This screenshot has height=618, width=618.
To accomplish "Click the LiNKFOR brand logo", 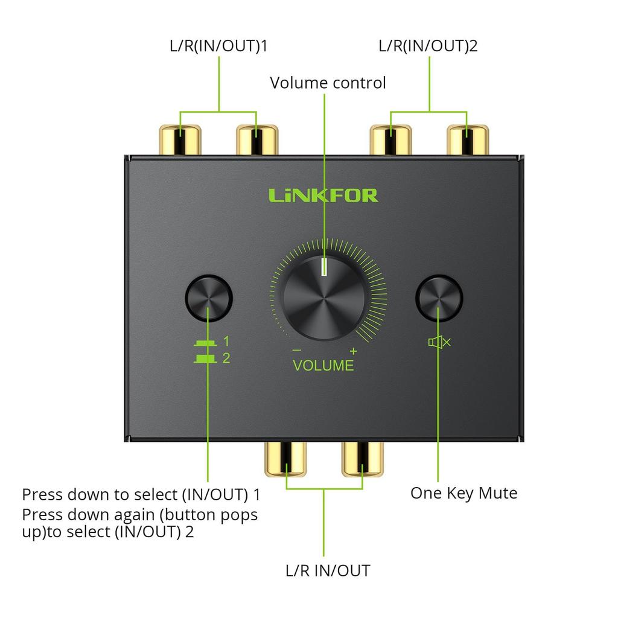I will (323, 195).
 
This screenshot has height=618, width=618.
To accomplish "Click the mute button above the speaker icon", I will (439, 298).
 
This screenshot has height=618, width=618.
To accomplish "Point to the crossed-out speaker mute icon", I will (439, 342).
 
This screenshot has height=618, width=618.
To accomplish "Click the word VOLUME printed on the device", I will (323, 365).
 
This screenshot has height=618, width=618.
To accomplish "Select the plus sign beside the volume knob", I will (353, 351).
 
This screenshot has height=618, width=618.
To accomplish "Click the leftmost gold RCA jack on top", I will (179, 140).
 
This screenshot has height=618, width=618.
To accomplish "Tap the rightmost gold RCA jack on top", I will (468, 140).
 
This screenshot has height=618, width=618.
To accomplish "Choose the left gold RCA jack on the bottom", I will (286, 459).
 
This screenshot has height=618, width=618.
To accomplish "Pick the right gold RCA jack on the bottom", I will (363, 459).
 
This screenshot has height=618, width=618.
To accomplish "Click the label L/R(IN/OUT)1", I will (218, 46).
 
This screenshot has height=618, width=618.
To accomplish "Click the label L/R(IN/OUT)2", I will (428, 46).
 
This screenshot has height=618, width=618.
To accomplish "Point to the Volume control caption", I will (328, 83).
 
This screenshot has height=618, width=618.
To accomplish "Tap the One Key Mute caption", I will (463, 493).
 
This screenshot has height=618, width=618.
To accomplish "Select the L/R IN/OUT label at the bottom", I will (328, 570).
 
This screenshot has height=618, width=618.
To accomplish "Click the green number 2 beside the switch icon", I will (226, 358).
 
